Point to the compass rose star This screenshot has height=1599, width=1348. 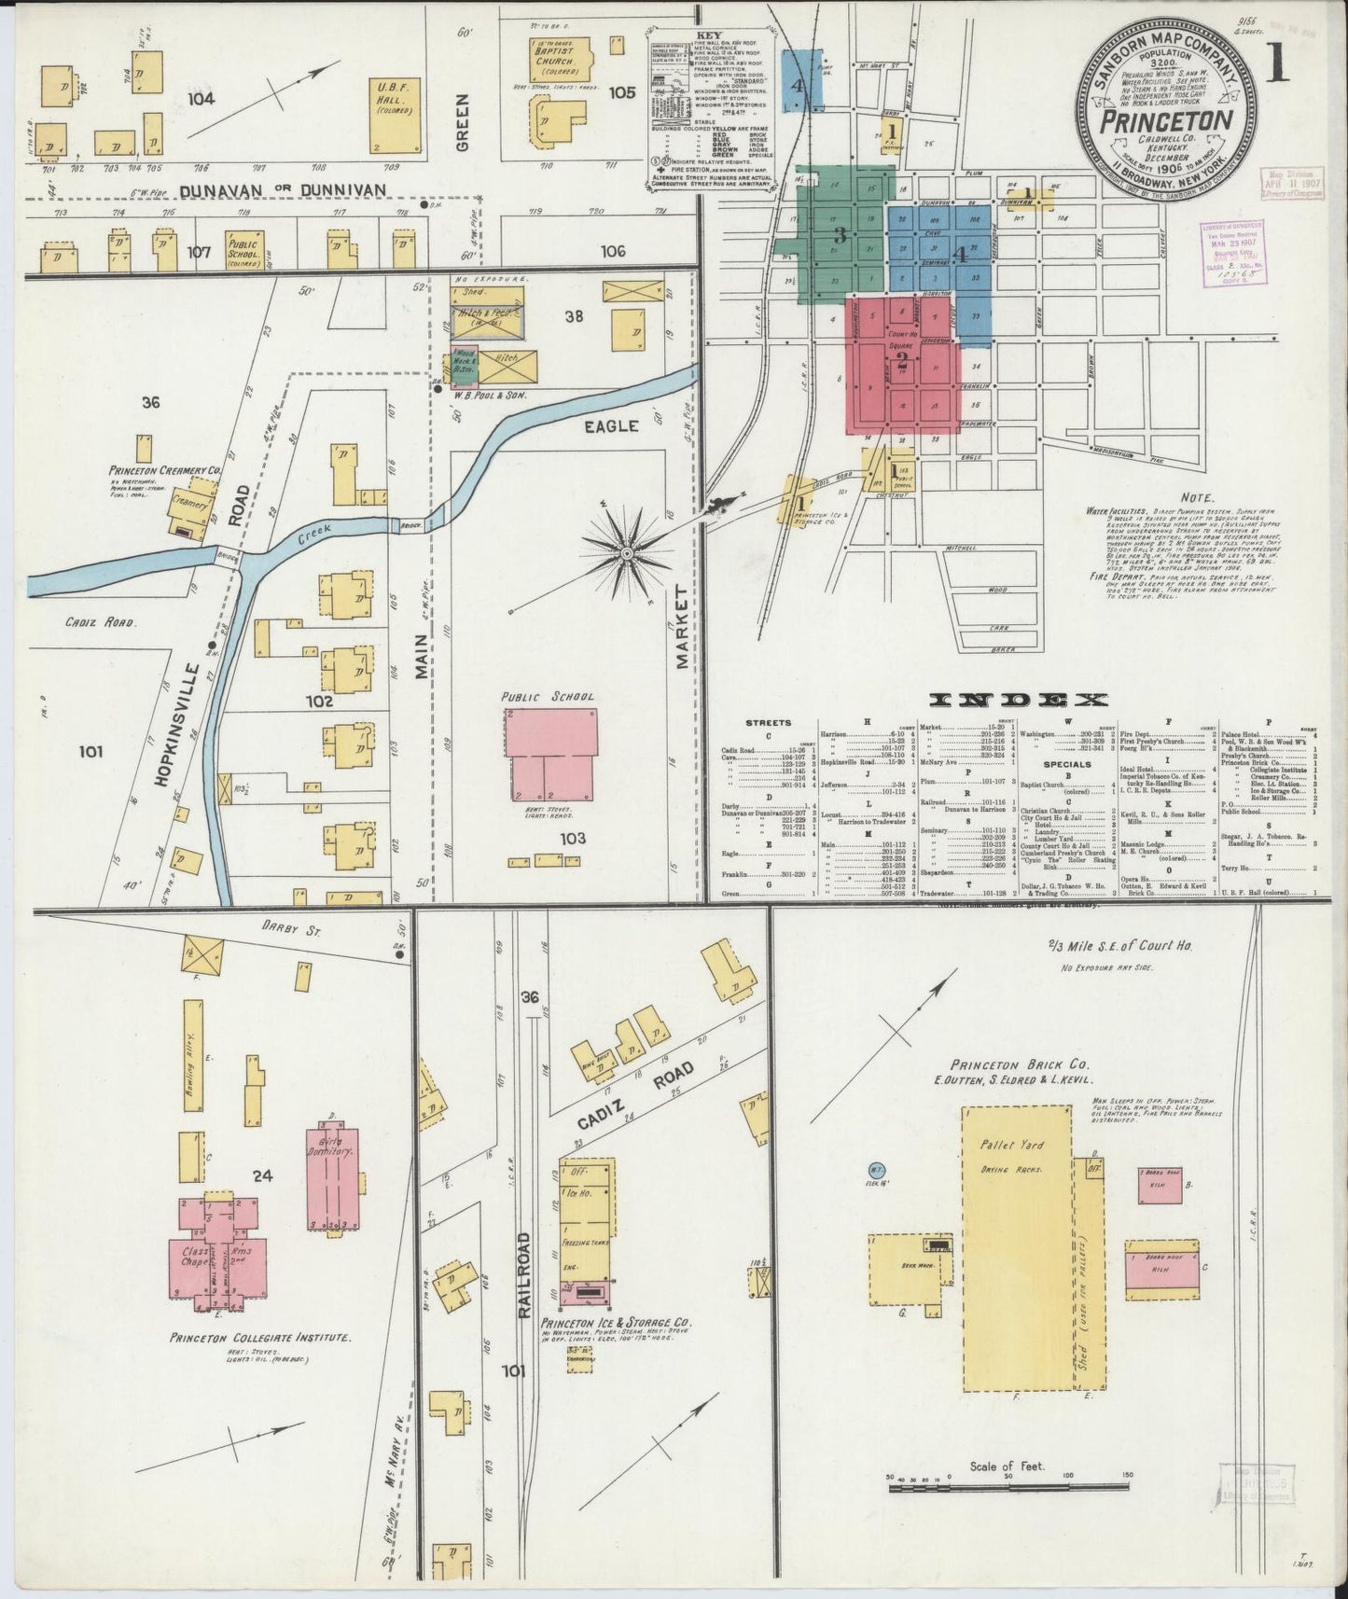pyautogui.click(x=627, y=553)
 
